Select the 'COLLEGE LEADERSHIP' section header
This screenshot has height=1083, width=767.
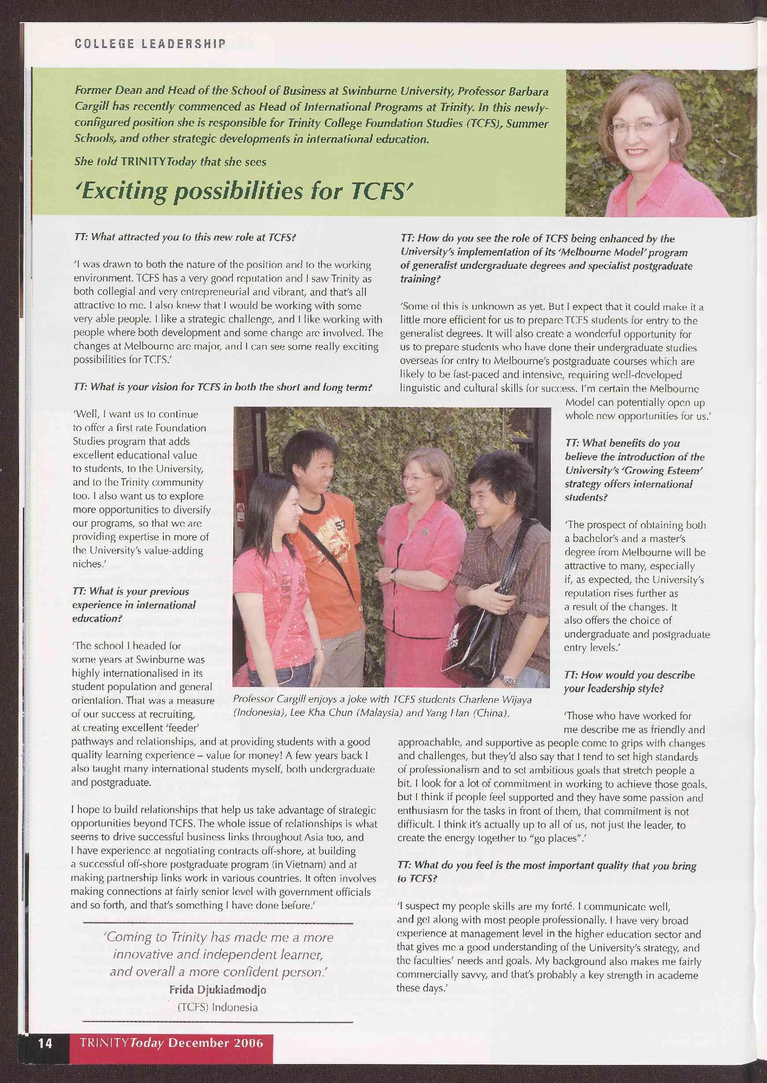click(x=150, y=44)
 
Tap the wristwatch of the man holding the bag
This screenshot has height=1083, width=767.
click(x=508, y=681)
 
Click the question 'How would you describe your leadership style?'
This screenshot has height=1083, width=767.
click(x=629, y=681)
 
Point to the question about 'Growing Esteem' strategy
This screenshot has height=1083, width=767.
click(x=634, y=470)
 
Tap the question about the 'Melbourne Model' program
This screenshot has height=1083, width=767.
click(x=546, y=259)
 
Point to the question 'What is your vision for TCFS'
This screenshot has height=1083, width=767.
click(x=222, y=387)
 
